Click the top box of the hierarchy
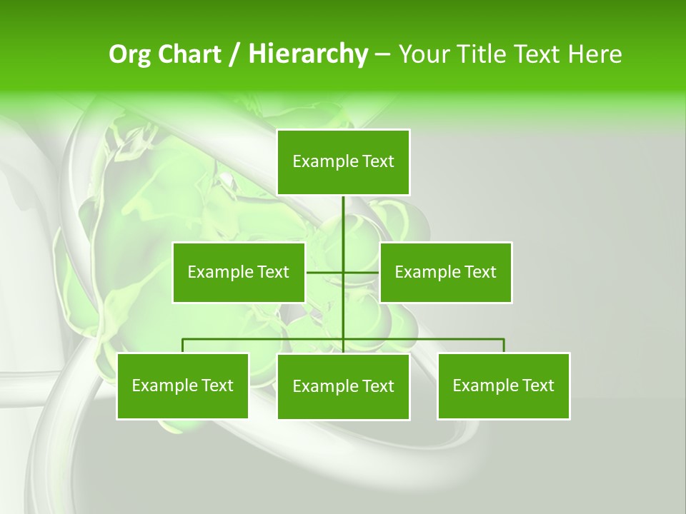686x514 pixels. [x=343, y=162]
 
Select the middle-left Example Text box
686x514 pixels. [x=239, y=272]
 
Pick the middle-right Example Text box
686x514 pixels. [x=446, y=272]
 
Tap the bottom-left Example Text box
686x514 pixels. [x=183, y=385]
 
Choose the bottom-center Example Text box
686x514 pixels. [x=343, y=386]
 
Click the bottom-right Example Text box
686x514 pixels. [x=504, y=385]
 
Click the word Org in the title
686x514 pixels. [x=130, y=54]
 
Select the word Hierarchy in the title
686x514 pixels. [x=308, y=54]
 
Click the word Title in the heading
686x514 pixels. [x=483, y=54]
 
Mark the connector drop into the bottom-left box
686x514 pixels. [x=183, y=346]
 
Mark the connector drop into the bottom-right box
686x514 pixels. [x=504, y=346]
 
